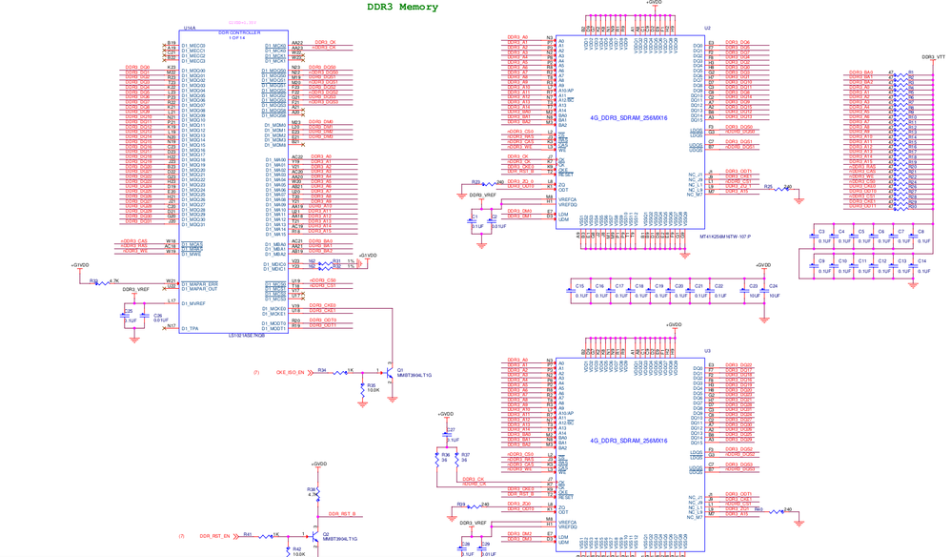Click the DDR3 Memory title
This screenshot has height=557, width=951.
click(x=402, y=7)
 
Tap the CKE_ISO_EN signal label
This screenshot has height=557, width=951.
click(x=290, y=372)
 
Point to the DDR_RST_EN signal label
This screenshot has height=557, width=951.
click(x=214, y=536)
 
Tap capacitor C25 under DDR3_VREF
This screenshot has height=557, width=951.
click(x=125, y=316)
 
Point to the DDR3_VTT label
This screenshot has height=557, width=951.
click(x=934, y=57)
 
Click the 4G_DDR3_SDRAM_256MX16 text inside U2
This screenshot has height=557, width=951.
click(x=628, y=118)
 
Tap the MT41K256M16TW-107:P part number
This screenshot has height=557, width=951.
click(x=724, y=237)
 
